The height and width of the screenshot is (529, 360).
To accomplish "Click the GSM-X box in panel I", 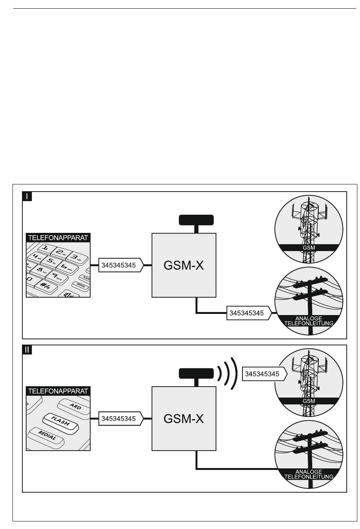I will [184, 265].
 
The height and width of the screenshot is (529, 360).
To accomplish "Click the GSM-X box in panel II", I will [184, 418].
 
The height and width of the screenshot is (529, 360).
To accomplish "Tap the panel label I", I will [27, 196].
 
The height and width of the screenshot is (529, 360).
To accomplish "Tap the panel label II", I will [27, 350].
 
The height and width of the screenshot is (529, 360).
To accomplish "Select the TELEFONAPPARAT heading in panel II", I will [58, 391].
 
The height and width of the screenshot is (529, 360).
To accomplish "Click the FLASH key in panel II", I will [61, 421].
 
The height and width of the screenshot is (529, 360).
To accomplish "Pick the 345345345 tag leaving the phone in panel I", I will [118, 265].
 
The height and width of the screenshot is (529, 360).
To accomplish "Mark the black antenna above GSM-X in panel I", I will [196, 219].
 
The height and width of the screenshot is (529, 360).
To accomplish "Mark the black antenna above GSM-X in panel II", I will [196, 373].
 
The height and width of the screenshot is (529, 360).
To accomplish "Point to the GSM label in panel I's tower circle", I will [309, 248].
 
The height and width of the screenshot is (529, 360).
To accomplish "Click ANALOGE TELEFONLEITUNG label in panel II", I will [309, 474].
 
